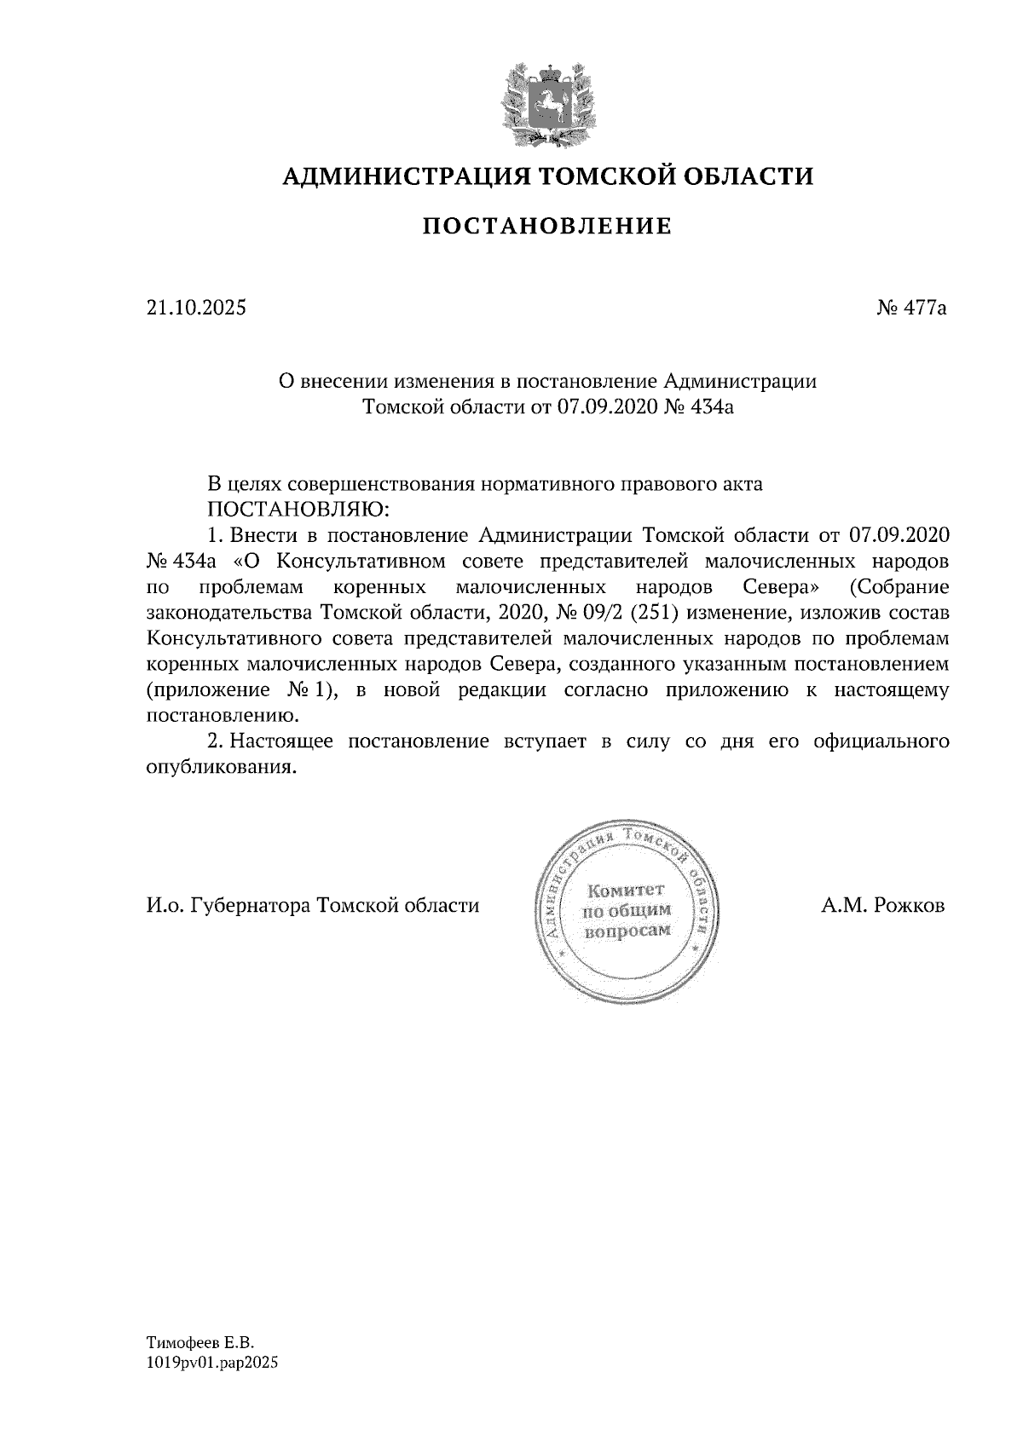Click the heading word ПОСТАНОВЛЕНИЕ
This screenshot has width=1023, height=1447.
(547, 226)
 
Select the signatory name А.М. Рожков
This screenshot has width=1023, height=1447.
(883, 905)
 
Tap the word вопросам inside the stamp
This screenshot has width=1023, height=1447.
(626, 931)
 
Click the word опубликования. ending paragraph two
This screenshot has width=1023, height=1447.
(221, 766)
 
